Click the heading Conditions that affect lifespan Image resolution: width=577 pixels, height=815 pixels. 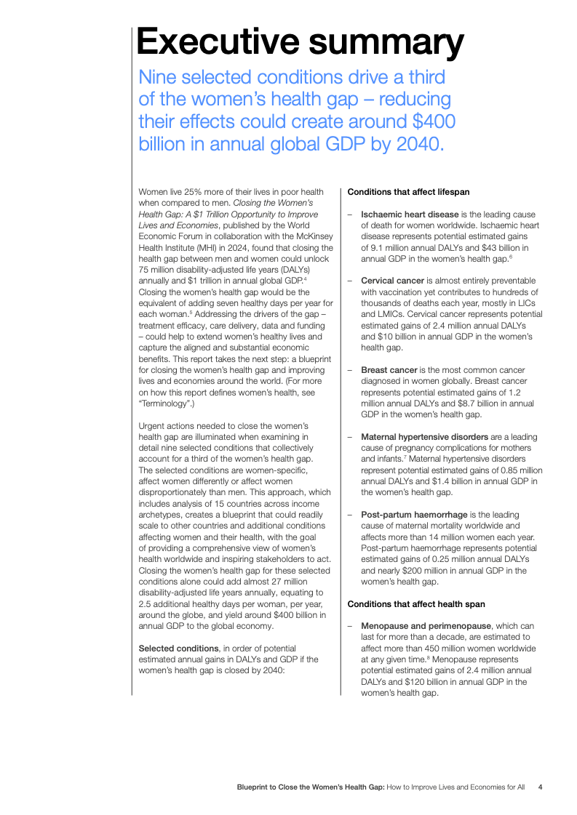(x=408, y=192)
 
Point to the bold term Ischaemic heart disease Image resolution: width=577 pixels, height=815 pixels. (x=410, y=214)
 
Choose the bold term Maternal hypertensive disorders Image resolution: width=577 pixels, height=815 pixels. (x=424, y=436)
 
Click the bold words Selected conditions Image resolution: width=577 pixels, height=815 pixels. (x=178, y=648)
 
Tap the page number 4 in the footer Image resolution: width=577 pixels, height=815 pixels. (x=540, y=787)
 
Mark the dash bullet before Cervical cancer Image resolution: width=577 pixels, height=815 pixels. (x=350, y=281)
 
